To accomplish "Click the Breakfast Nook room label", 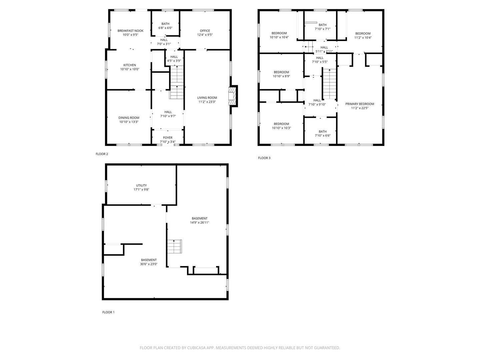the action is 130,31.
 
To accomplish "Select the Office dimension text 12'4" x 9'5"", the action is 205,35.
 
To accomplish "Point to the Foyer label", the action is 168,138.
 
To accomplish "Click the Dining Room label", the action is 129,118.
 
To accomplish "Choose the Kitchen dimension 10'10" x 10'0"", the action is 130,69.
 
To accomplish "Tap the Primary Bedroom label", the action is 360,104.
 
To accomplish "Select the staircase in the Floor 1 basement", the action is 175,246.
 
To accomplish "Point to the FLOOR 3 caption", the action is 264,158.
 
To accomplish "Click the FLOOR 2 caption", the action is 102,154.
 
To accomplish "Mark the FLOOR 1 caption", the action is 108,312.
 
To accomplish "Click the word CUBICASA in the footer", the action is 196,348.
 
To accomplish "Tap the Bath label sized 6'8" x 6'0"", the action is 165,24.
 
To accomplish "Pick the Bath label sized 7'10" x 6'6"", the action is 323,132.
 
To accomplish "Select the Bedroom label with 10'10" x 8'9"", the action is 281,72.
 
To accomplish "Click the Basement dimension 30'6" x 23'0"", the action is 149,264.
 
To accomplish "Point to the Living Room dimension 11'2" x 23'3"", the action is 207,102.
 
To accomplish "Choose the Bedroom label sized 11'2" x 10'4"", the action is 363,34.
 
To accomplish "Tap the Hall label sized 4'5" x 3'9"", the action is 174,57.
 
